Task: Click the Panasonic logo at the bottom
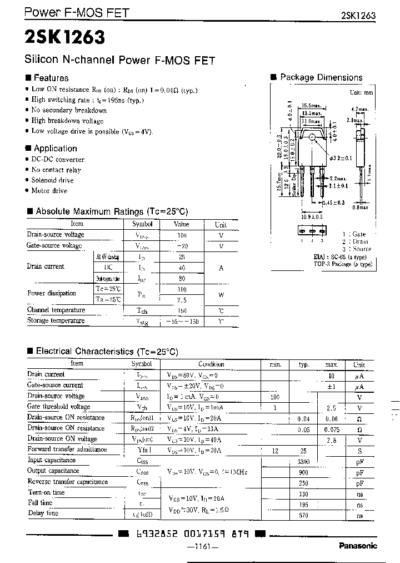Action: [357, 546]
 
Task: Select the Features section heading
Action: [51, 78]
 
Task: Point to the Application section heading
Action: [55, 149]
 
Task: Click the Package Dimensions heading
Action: [321, 78]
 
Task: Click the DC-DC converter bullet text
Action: [58, 160]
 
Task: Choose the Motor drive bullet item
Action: [49, 191]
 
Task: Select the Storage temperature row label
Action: [56, 321]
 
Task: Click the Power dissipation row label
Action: [52, 293]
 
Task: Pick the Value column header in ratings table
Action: [181, 224]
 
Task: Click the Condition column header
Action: [211, 364]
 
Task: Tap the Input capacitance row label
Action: [52, 461]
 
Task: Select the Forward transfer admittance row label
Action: [67, 450]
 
